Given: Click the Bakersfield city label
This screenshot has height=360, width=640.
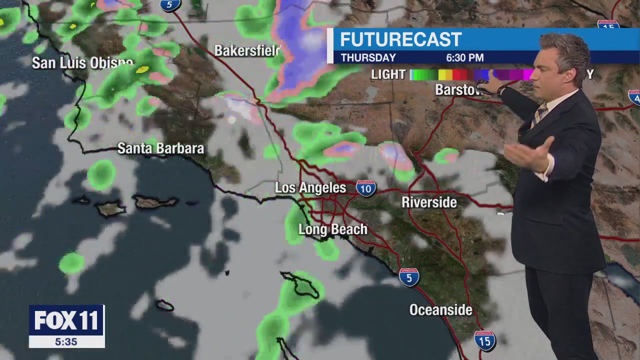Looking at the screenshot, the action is tap(247, 51).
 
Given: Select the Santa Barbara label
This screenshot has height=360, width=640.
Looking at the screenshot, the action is tap(160, 148).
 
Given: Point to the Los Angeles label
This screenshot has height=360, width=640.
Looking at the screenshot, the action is tap(310, 188).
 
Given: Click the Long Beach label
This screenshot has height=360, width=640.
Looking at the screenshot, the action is tap(332, 229).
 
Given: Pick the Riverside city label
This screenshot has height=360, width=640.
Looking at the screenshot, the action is tap(429, 202).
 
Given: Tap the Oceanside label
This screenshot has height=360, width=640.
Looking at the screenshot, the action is tap(440, 310).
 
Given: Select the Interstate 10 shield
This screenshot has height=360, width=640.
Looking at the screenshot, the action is tap(366, 188).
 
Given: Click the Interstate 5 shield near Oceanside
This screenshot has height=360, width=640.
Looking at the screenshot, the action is tap(409, 277).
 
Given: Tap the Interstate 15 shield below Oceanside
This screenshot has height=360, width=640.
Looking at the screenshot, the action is tap(484, 340).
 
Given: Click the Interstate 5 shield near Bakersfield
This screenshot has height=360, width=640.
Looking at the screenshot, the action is tap(169, 5).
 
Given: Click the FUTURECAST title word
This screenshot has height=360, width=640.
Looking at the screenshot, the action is tap(400, 40).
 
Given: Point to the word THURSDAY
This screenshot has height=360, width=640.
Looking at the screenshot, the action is tap(368, 58).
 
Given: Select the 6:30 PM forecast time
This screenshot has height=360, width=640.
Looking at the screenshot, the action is tap(464, 58).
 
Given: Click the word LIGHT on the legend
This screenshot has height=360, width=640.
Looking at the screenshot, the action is tap(388, 74).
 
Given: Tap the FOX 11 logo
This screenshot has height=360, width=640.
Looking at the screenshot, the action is tap(66, 320).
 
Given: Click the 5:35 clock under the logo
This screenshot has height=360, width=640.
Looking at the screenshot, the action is tap(66, 342).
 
